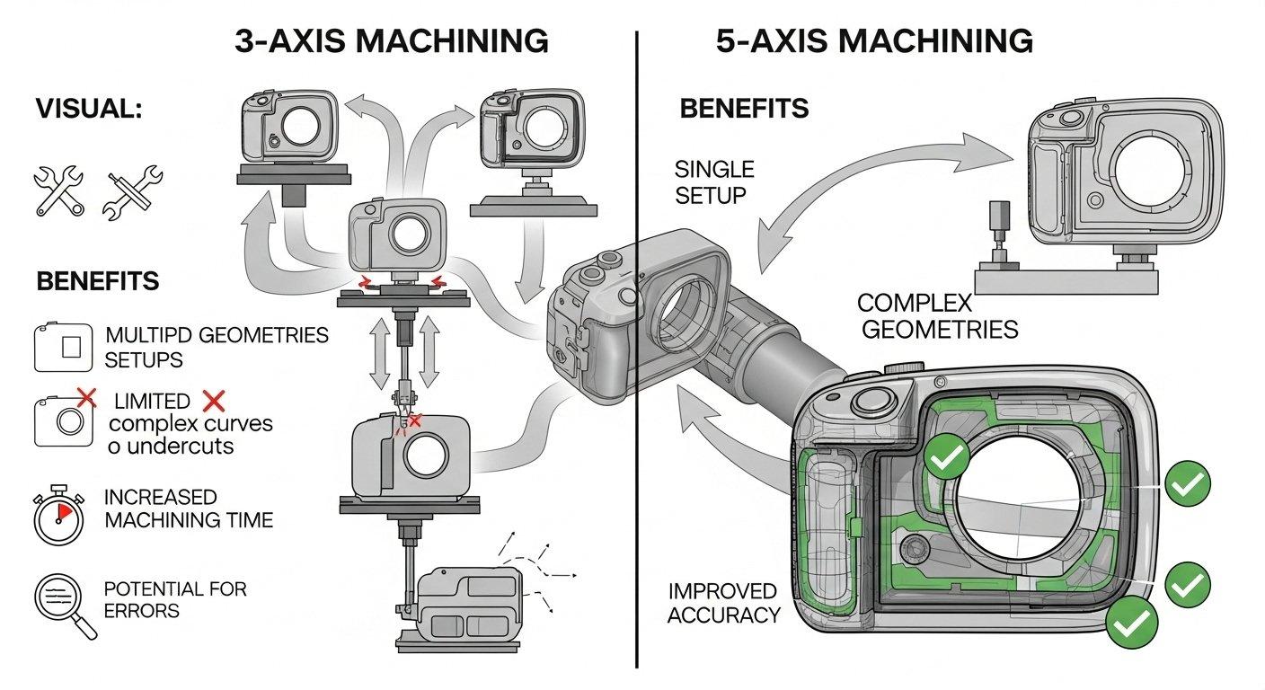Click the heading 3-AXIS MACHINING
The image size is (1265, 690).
point(391,41)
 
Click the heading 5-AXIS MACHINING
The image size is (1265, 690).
point(874,41)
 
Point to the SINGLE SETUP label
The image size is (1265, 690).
point(713,181)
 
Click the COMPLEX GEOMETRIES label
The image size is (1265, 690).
point(938,315)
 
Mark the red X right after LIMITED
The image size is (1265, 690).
point(213,401)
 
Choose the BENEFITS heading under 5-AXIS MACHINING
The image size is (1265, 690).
point(744,110)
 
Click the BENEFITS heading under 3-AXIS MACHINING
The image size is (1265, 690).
point(98,280)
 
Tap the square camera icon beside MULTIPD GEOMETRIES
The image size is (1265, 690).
point(62,347)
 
